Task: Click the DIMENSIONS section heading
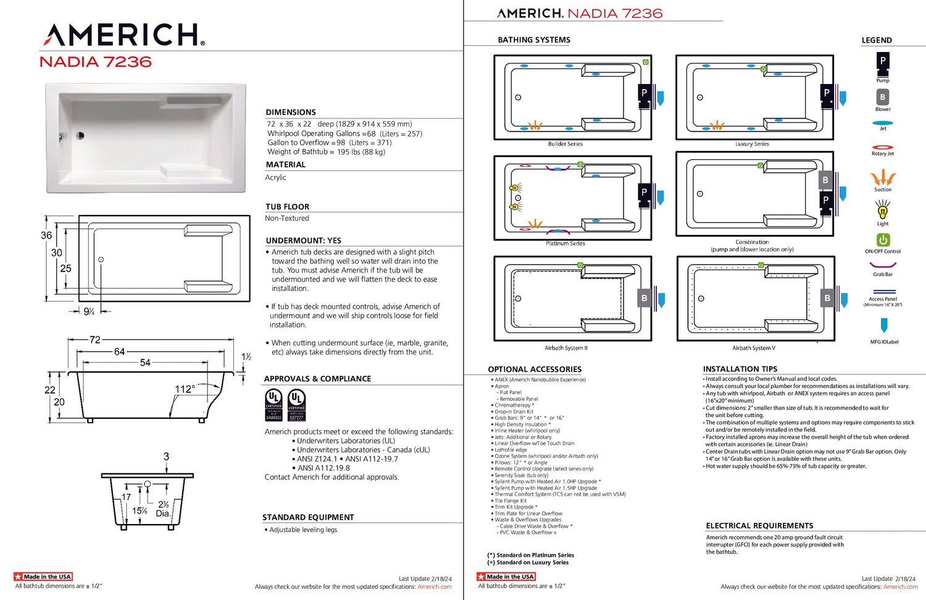coord(291,112)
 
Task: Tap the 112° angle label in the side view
coord(185,389)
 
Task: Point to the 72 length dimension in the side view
coord(94,340)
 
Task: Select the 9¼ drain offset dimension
coord(90,312)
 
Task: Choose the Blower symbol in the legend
coord(883,97)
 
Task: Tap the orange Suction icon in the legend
coord(883,178)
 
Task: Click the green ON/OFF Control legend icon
coord(883,240)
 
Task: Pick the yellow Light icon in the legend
coord(883,211)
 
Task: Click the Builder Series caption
coord(565,144)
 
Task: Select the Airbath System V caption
coord(754,348)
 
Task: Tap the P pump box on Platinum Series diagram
coord(644,192)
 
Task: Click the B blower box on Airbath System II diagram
coord(644,298)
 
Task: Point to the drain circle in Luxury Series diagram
coord(700,98)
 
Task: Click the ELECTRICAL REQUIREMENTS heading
coord(759,526)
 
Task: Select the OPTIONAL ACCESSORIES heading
coord(535,370)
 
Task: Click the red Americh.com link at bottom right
coord(900,587)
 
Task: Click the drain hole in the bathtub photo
coord(80,135)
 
